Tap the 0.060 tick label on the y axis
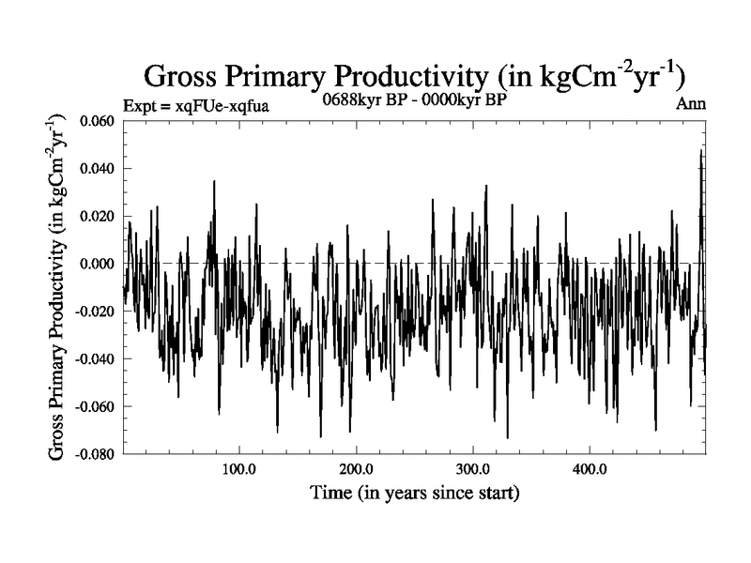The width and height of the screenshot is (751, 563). [99, 121]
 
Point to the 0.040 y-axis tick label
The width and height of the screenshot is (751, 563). [99, 169]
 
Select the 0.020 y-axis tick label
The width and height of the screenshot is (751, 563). [99, 217]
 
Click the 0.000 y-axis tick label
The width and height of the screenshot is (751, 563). [99, 265]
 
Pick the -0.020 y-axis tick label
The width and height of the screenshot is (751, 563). [97, 312]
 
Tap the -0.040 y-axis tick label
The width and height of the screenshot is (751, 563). [97, 359]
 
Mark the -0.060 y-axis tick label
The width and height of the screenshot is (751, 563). [97, 407]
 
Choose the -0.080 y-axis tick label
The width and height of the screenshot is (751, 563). [97, 454]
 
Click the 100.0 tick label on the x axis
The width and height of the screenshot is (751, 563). [239, 469]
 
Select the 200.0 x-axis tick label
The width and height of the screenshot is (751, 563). [356, 469]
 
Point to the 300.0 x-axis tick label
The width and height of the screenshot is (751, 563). [472, 469]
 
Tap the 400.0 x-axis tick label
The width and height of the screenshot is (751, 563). [589, 469]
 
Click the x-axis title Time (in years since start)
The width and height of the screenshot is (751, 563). [416, 492]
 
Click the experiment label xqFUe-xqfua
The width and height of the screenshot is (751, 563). [196, 106]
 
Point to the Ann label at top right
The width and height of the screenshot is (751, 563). [690, 104]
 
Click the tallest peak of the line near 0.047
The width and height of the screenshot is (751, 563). [700, 151]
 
